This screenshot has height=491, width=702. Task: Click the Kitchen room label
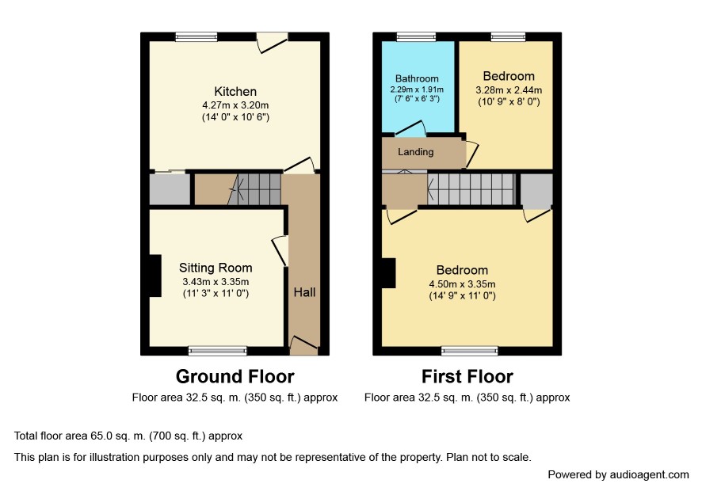(235, 92)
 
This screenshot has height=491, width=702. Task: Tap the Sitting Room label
(216, 268)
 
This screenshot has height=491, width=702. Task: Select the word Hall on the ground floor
(304, 292)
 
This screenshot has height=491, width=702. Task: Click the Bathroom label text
(417, 78)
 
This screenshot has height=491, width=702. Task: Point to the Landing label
(415, 152)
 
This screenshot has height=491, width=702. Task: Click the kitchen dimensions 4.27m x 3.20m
(235, 105)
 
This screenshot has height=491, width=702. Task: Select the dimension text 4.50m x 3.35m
(462, 284)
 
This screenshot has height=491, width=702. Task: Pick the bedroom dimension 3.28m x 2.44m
(509, 90)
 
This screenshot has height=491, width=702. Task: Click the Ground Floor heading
(235, 376)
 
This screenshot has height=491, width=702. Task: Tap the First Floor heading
(467, 376)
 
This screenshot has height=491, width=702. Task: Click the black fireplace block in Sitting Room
(155, 276)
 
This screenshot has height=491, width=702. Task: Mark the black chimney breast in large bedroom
(388, 273)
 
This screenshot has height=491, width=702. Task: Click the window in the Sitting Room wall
(218, 351)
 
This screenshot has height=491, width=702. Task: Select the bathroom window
(416, 36)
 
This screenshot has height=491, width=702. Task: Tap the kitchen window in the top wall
(196, 36)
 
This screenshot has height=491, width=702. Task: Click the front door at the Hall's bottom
(304, 345)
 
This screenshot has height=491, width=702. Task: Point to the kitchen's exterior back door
(272, 42)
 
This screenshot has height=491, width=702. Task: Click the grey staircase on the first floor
(471, 189)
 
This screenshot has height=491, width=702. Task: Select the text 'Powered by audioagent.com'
(618, 475)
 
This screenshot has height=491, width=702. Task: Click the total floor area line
(128, 436)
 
